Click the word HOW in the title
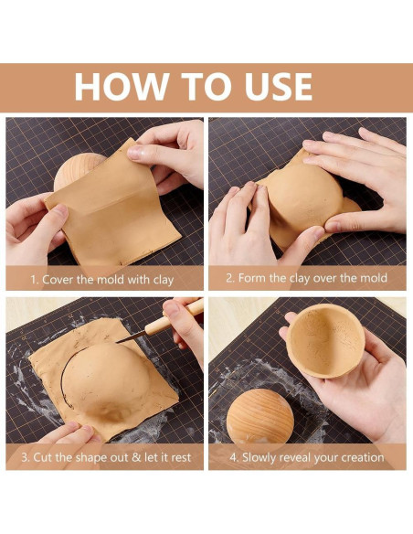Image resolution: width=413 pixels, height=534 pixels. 122,87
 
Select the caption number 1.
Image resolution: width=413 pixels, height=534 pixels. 34,280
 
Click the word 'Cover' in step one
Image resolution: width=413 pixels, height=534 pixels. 58,280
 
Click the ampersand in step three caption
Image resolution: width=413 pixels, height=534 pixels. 136,457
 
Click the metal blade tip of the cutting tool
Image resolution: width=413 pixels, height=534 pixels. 119,341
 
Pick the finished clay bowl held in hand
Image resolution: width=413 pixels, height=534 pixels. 325,341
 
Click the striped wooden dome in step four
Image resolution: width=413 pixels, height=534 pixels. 259,415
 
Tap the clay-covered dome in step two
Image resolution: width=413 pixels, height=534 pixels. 304,197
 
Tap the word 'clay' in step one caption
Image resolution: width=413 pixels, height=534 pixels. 164,281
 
